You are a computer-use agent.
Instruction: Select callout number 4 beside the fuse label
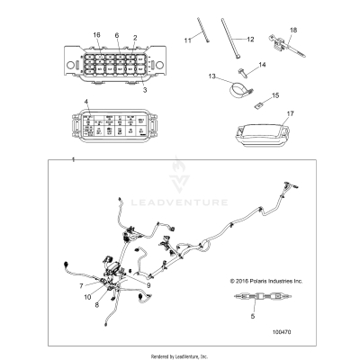coord(86,104)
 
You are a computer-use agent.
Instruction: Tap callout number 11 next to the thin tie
coord(188,40)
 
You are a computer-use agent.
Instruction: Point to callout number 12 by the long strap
coord(250,39)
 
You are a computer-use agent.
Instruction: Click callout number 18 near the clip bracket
coord(292,30)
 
